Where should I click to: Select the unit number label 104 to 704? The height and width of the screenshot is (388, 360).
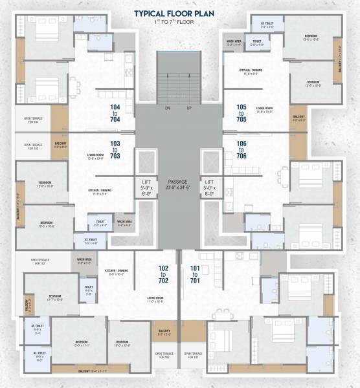coord(116,113)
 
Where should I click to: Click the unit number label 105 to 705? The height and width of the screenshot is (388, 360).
coord(242,113)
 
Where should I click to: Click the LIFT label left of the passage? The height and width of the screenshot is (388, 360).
coord(146,187)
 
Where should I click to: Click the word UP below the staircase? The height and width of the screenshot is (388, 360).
coord(188,108)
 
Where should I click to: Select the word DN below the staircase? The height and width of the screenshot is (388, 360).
coord(168,108)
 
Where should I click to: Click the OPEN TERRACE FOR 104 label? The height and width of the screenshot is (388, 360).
coord(33,120)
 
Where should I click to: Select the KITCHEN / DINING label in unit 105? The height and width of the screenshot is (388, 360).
coord(237,72)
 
